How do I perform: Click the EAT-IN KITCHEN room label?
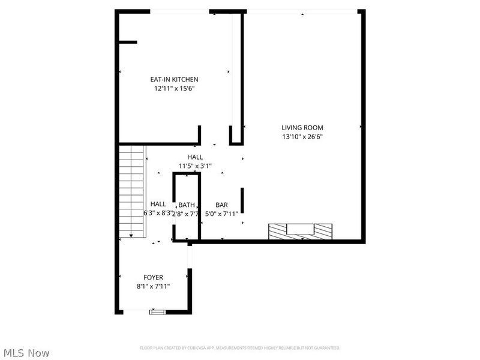pyautogui.click(x=174, y=79)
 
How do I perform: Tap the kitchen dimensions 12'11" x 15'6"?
pyautogui.click(x=174, y=88)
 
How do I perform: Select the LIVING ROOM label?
pyautogui.click(x=302, y=127)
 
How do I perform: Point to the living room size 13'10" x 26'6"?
pyautogui.click(x=302, y=136)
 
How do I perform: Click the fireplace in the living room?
pyautogui.click(x=300, y=231)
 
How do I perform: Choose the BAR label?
pyautogui.click(x=221, y=205)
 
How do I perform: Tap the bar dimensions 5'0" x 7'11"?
pyautogui.click(x=221, y=213)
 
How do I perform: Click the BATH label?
pyautogui.click(x=187, y=205)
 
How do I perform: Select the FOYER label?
pyautogui.click(x=153, y=277)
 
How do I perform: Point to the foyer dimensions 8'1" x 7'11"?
pyautogui.click(x=153, y=286)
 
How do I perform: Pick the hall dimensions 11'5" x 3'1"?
pyautogui.click(x=194, y=166)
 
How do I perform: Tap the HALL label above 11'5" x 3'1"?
pyautogui.click(x=194, y=157)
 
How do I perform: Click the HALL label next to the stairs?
pyautogui.click(x=158, y=204)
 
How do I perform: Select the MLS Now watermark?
pyautogui.click(x=26, y=353)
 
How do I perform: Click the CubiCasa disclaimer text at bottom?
pyautogui.click(x=240, y=348)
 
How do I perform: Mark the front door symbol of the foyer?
pyautogui.click(x=157, y=312)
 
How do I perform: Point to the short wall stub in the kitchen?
pyautogui.click(x=127, y=42)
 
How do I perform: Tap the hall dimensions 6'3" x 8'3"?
pyautogui.click(x=158, y=213)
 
